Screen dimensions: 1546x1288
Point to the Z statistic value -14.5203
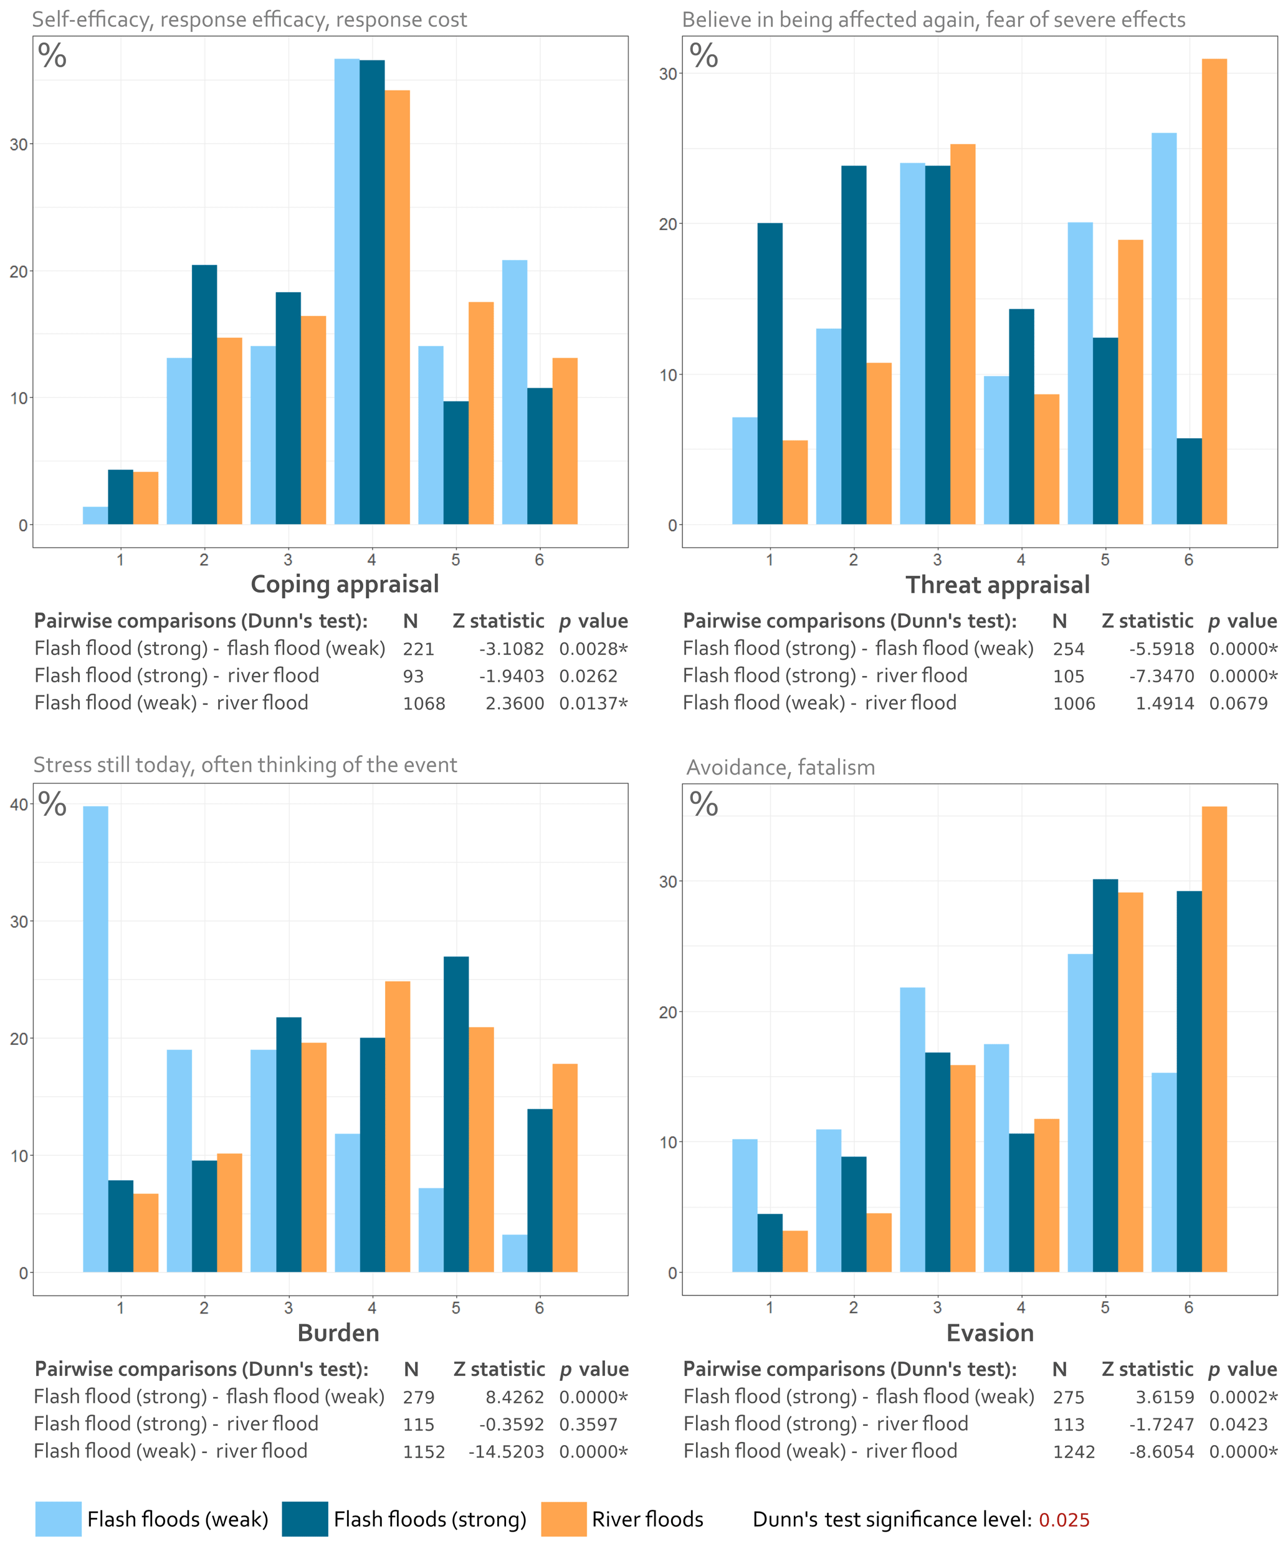pos(507,1452)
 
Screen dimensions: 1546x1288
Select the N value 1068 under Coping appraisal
pos(424,704)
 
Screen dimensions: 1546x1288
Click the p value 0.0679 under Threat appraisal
pos(1238,704)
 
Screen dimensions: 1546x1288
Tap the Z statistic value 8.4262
pos(515,1397)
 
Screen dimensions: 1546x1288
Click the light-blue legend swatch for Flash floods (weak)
pos(58,1519)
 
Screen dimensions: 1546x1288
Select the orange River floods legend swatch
pos(564,1519)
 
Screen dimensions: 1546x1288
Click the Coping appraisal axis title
pos(345,585)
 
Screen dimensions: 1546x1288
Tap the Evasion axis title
pos(990,1334)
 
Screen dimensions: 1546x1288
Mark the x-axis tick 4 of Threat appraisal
pos(1021,560)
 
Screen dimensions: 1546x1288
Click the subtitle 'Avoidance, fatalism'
pos(780,768)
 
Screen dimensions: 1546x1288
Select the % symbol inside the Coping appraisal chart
pos(52,57)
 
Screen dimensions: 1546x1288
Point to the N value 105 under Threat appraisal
pos(1069,677)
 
